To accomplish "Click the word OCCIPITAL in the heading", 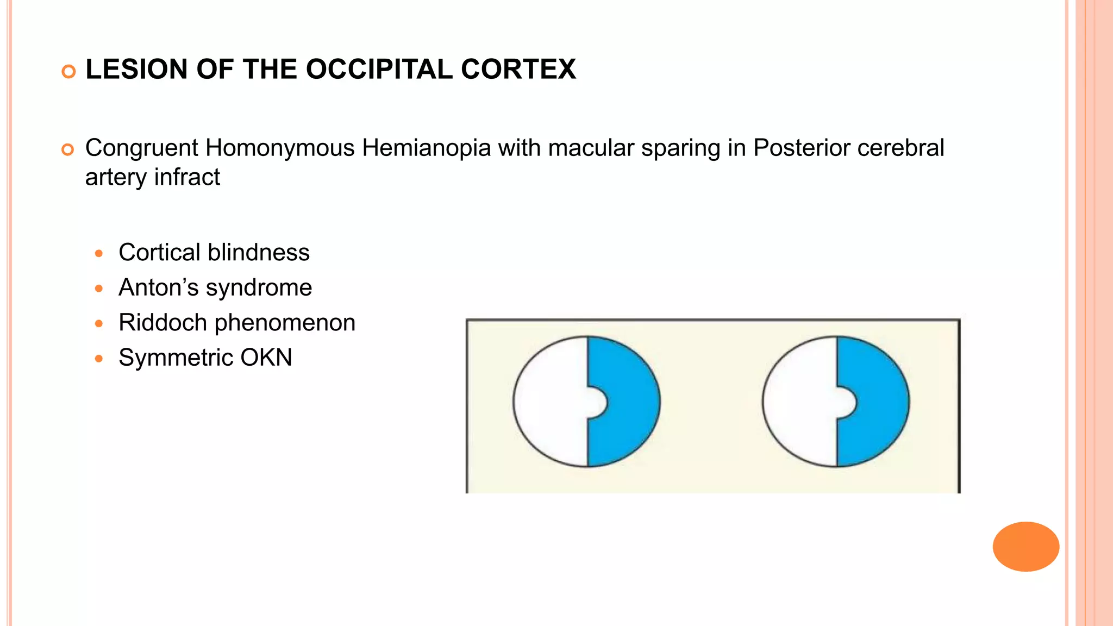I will click(379, 70).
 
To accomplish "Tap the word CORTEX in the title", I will click(518, 70).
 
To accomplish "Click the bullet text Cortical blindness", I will click(214, 253).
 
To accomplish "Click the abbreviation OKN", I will click(266, 358).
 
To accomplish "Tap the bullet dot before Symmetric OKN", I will click(98, 359).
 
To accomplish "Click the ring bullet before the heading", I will click(68, 71).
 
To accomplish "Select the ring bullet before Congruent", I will click(68, 149).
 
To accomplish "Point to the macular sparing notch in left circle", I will click(596, 403).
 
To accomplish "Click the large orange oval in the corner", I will click(1026, 546).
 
